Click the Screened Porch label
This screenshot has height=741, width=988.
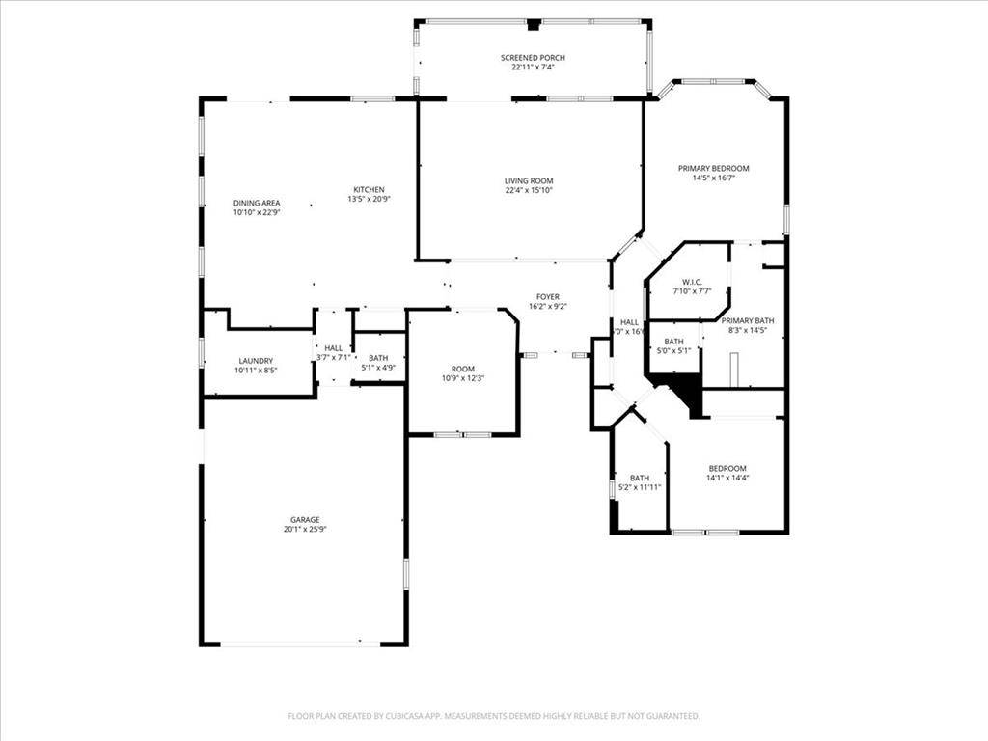(x=533, y=58)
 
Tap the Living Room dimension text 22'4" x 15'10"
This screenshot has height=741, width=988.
(x=529, y=191)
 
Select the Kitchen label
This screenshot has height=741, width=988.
(x=369, y=189)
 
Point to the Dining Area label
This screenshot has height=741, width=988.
(x=257, y=203)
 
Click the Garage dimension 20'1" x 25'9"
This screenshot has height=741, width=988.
(x=301, y=530)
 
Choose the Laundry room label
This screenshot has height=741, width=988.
(x=256, y=360)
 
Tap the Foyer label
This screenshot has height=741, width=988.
(x=547, y=296)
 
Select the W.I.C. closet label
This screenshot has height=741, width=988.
(x=691, y=281)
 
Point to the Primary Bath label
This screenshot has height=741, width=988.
(x=748, y=320)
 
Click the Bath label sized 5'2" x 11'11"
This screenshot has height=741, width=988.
(x=640, y=478)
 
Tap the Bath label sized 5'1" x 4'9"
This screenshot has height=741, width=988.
(x=378, y=358)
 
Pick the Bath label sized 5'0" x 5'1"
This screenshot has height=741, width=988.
(x=673, y=342)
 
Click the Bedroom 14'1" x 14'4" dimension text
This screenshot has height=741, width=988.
(x=727, y=478)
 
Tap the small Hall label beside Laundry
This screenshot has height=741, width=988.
(x=333, y=348)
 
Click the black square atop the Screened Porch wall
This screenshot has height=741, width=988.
(x=534, y=24)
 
